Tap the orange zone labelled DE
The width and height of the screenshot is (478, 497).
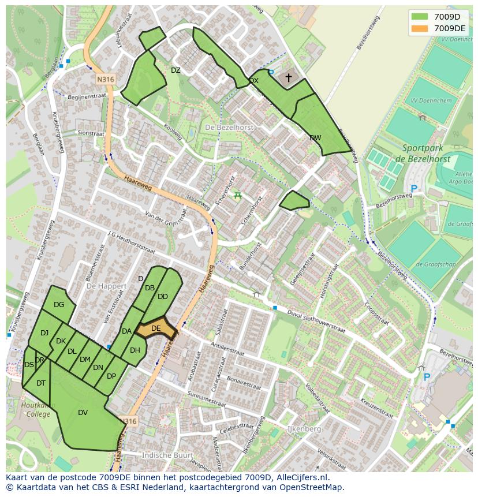coord(156,328)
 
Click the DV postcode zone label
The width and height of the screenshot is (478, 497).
coord(83,412)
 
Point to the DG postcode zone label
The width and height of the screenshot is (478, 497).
coord(59,305)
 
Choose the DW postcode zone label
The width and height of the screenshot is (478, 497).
coord(315,138)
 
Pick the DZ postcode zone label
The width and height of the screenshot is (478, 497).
coord(175,70)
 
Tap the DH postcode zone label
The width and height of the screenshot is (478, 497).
coord(135,350)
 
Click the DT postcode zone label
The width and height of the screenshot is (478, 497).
coord(41,383)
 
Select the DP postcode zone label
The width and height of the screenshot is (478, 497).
coord(111,376)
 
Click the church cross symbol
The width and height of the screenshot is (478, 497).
coord(289,77)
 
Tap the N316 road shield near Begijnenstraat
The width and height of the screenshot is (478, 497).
coord(106,79)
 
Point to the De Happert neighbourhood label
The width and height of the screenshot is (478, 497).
coord(106,286)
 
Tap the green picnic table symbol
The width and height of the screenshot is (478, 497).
coord(237,195)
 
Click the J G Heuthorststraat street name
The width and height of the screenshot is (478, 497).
coord(131,242)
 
